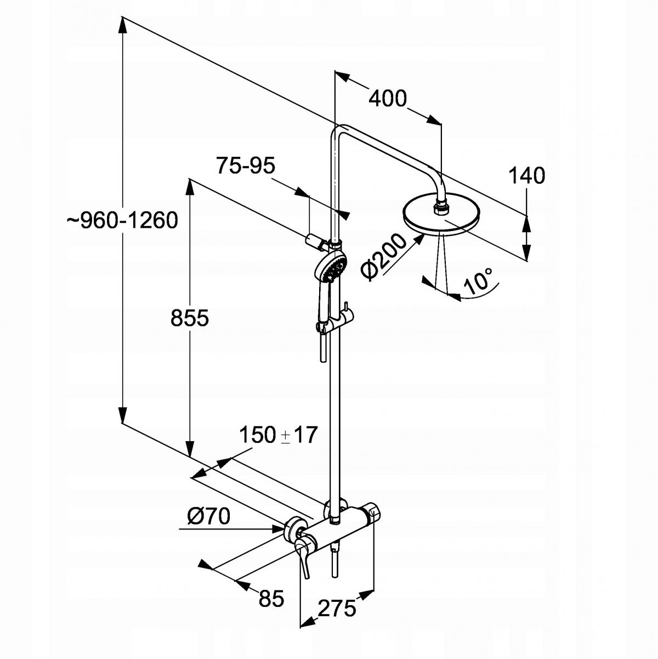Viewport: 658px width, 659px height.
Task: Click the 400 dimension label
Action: coord(387,99)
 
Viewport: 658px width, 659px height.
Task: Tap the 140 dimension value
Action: coord(526,176)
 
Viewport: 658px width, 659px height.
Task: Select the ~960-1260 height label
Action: coord(122,221)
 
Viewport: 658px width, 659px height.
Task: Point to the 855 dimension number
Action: coord(190,318)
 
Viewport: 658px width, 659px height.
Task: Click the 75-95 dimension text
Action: coord(245,165)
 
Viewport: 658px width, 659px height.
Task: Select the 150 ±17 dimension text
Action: coord(278,435)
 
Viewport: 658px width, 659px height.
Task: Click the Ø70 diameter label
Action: coord(208,516)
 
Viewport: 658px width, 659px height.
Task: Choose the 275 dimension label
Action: coord(337,608)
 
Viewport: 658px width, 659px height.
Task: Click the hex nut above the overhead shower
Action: coord(440,208)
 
